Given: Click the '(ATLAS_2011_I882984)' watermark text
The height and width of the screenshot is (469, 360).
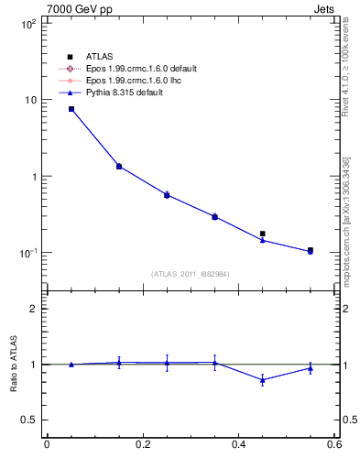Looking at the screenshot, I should tap(191, 274).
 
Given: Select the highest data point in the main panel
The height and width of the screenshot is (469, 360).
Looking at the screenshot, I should tap(71, 109).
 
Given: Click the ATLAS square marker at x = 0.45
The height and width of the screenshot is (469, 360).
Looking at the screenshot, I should tap(263, 234).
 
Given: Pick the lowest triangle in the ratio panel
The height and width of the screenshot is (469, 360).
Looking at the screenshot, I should tap(263, 379).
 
